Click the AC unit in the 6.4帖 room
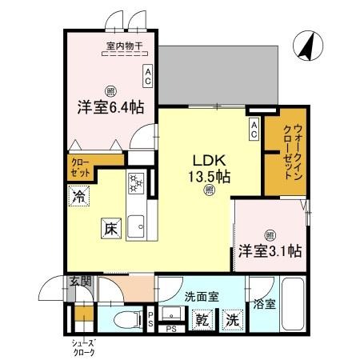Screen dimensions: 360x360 point(147,77)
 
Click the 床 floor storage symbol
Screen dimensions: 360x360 point(110,227)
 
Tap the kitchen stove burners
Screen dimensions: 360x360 point(135,185)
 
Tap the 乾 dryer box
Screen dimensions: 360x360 point(203,319)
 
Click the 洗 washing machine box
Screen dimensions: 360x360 point(231,319)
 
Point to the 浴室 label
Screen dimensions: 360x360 point(265,305)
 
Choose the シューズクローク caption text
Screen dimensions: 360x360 point(78,347)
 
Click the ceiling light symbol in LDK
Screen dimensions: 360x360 point(209,190)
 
